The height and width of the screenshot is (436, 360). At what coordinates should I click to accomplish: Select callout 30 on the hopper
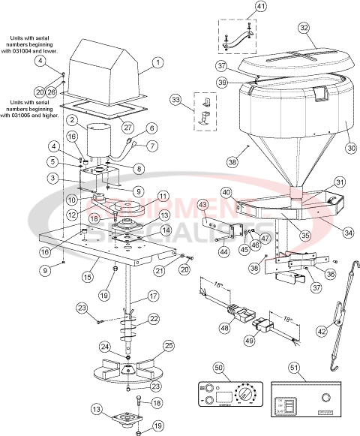(350, 148)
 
